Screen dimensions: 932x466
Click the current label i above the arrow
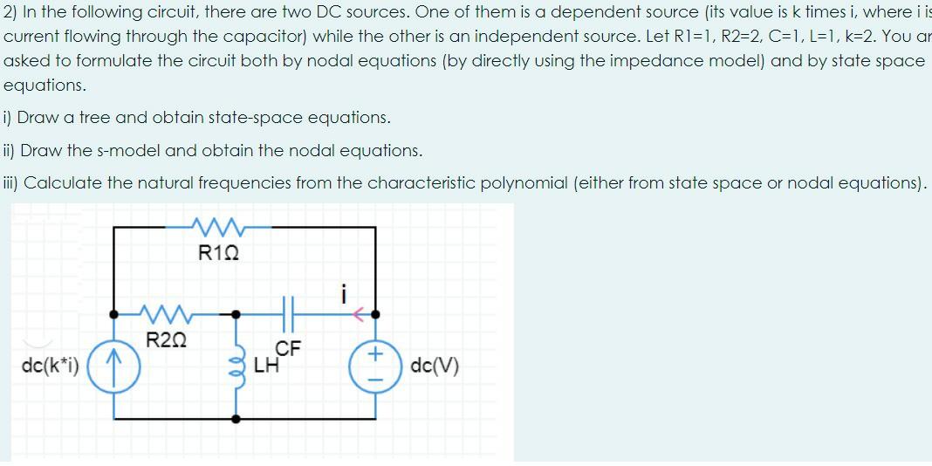click(345, 292)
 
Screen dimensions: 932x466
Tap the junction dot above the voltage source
click(376, 312)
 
